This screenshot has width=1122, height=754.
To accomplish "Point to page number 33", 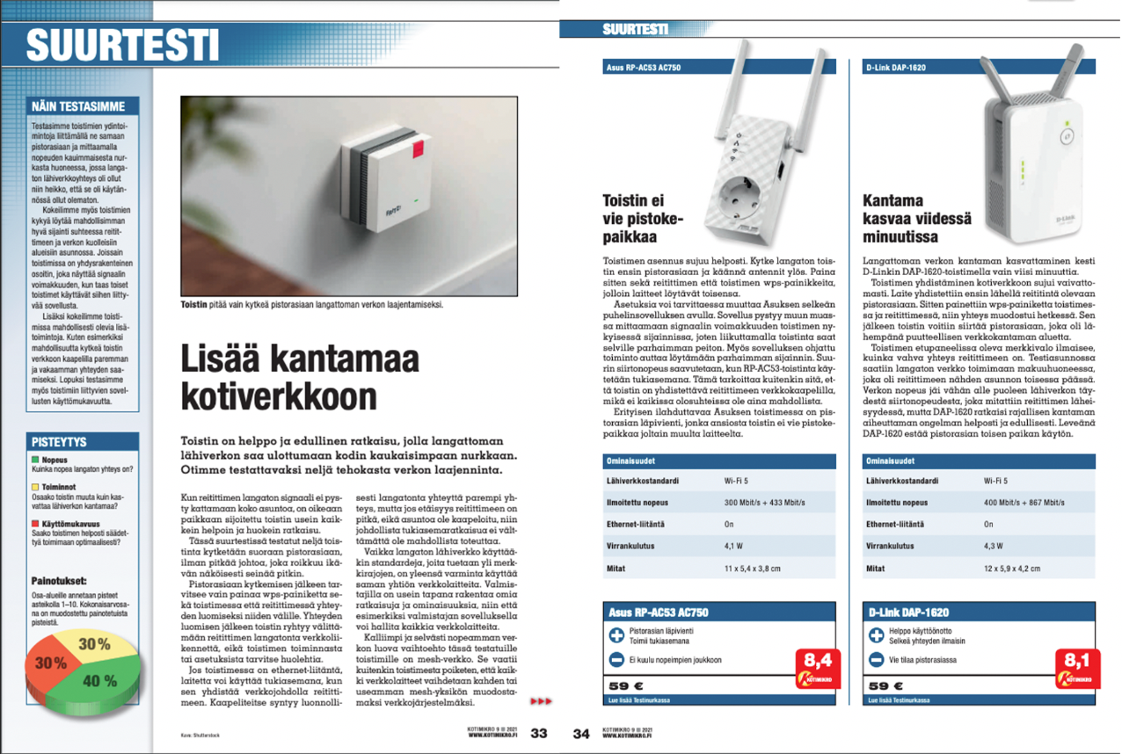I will pos(539,734).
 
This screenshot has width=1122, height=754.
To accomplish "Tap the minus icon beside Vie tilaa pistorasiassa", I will pos(876,659).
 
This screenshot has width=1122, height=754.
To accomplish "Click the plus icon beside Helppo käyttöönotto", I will pos(876,635).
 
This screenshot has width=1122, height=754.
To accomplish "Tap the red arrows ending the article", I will pos(540,700).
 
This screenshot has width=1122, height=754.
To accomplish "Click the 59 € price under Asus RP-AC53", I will pos(623,685).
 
